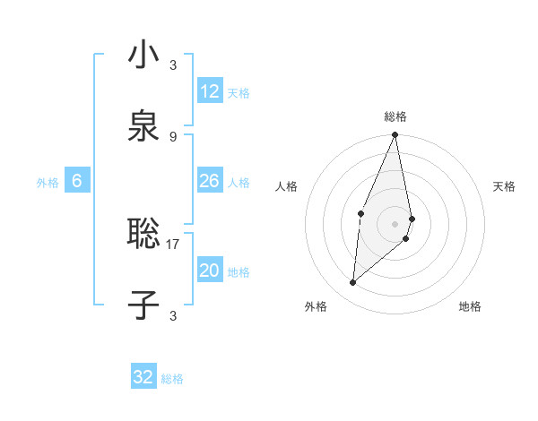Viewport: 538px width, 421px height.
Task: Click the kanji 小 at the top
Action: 143,56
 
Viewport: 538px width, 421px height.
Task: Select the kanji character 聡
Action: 143,235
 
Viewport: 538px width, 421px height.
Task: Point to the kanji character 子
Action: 143,305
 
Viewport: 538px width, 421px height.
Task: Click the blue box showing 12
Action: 210,91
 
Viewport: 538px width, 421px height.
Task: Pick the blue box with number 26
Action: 210,182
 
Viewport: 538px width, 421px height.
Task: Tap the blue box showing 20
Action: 210,271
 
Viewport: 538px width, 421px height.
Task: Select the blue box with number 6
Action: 77,182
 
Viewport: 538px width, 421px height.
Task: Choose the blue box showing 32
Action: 143,377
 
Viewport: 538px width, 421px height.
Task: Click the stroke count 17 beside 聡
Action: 173,244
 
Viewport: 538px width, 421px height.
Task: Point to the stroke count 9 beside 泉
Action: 173,136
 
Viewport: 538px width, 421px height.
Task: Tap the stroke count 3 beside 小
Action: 173,64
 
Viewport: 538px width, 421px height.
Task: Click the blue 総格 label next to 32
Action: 172,379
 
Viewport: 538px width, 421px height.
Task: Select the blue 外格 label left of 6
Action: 48,183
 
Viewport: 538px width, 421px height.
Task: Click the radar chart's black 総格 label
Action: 395,116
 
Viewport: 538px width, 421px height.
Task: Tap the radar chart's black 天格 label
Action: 505,186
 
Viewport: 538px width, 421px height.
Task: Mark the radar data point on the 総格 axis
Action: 395,135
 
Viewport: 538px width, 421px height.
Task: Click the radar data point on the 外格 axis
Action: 353,282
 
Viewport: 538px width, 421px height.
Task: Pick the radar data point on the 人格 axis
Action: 360,213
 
